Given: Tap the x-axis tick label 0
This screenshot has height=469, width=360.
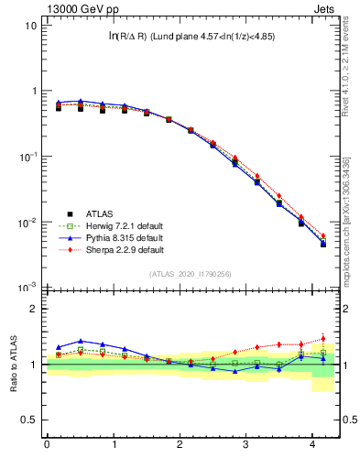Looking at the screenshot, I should [47, 445].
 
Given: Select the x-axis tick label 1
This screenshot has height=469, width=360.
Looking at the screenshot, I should [114, 445].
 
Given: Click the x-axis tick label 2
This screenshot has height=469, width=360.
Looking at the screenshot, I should [180, 445].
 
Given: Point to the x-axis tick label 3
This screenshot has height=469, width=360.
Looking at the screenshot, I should [246, 445].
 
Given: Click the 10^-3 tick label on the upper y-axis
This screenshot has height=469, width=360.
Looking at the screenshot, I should [29, 288].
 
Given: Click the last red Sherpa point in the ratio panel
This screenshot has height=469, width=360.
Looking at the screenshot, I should [322, 339].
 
